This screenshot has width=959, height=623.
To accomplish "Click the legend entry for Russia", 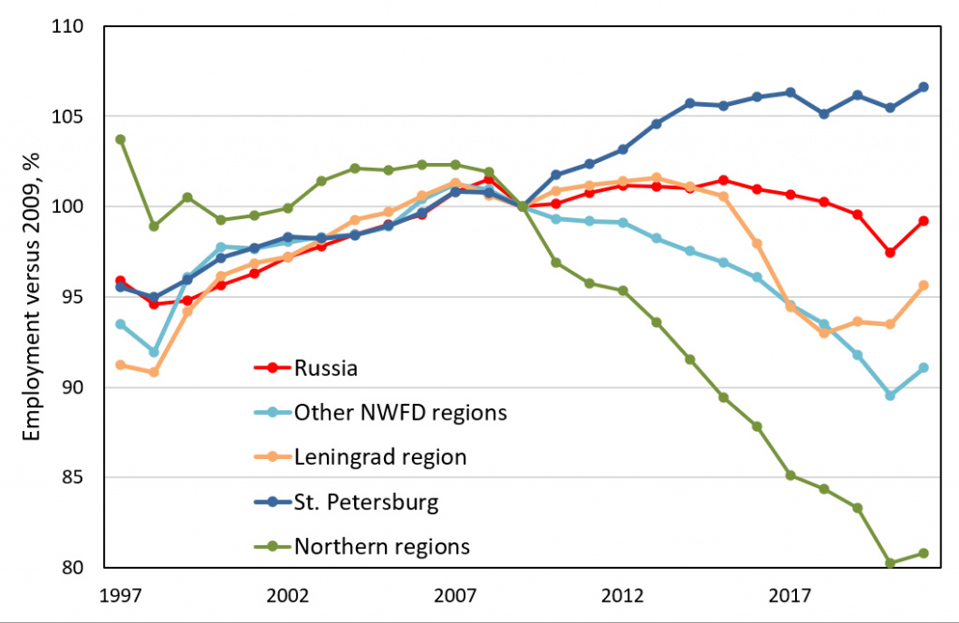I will coord(325,368).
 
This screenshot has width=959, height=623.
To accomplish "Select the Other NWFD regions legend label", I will coord(400,412).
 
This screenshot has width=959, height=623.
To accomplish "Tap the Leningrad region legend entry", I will coord(379,457).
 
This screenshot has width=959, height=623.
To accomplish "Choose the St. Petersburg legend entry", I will coord(366,501).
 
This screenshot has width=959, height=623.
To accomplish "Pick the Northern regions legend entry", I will coord(382,545).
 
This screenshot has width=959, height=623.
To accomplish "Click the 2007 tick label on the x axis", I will coord(455,597).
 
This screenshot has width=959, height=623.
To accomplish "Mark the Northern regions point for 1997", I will coord(120,140).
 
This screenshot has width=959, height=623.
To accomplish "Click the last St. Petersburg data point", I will coord(923,87).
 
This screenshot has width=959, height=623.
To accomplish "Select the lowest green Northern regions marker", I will coord(890,563).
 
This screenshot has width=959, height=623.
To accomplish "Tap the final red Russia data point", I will coord(923,221).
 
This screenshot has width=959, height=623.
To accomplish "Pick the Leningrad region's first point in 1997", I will coord(120,364).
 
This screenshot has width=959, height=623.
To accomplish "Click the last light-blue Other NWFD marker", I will coord(923,368).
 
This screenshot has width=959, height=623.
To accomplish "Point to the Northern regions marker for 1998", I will coord(154,226).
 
